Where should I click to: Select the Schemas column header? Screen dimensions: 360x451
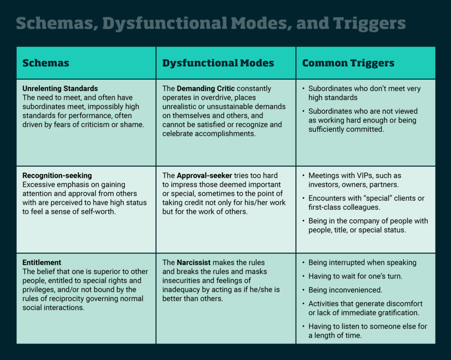click(x=46, y=63)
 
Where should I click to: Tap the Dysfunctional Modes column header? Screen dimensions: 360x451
click(x=218, y=63)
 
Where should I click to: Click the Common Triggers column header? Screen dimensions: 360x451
click(x=348, y=63)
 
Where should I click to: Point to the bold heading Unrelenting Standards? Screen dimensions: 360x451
click(x=60, y=88)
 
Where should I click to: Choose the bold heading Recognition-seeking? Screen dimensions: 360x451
click(x=57, y=176)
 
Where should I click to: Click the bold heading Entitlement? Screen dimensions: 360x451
click(x=42, y=263)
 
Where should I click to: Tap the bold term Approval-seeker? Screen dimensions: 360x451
click(x=203, y=176)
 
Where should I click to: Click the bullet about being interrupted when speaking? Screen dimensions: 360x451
click(x=362, y=263)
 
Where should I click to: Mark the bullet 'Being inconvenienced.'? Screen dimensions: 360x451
click(x=344, y=290)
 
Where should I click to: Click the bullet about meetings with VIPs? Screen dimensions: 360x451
click(x=355, y=176)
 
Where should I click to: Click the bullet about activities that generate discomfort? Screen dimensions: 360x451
click(x=365, y=304)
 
